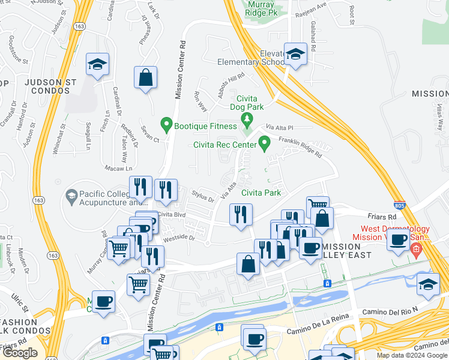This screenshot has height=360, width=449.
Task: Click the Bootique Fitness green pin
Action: (x=166, y=126)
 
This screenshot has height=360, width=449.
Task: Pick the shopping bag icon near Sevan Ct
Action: (x=145, y=78)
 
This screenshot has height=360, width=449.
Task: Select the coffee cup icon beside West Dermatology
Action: (x=397, y=240)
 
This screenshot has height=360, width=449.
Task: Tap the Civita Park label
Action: (x=261, y=193)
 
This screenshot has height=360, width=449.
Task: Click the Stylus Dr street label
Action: (x=203, y=196)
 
